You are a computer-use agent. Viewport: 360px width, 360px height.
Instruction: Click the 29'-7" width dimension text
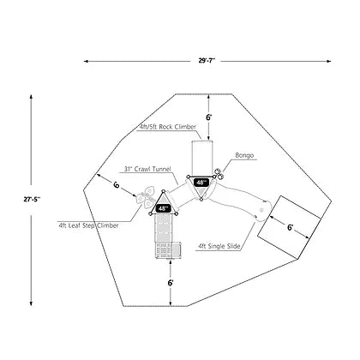coord(207,61)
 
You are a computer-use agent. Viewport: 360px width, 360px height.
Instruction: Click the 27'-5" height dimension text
coord(32,200)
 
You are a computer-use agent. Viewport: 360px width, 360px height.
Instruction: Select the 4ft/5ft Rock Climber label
coord(166,127)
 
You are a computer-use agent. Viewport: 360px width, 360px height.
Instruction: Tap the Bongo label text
coord(244,155)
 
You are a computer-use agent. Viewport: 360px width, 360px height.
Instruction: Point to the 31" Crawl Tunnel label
coord(147,169)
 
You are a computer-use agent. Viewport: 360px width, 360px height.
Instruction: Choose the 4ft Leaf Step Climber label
coord(88,225)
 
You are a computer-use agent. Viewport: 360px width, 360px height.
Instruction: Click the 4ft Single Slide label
coord(219,246)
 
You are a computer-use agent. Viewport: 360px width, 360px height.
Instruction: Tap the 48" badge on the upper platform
coord(201,183)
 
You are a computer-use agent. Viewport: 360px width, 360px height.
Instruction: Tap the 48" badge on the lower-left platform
coord(163,208)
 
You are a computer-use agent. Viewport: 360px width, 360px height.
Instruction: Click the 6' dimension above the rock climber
coord(209,117)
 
